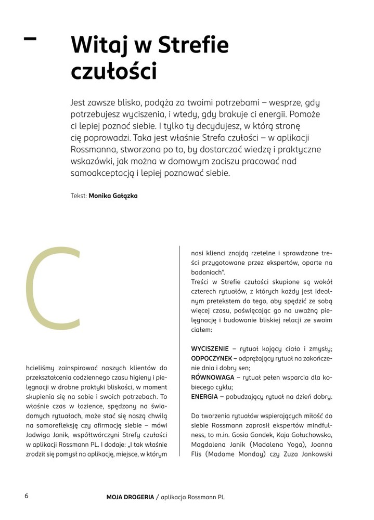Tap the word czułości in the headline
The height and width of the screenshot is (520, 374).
coord(113,71)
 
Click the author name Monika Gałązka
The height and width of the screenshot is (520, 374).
coord(113,197)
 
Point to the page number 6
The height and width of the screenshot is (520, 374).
coord(26,496)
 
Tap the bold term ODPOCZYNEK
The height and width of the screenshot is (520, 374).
coord(211,358)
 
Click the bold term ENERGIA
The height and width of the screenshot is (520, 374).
coord(204,397)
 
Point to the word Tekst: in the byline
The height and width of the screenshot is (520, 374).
coord(79,197)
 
